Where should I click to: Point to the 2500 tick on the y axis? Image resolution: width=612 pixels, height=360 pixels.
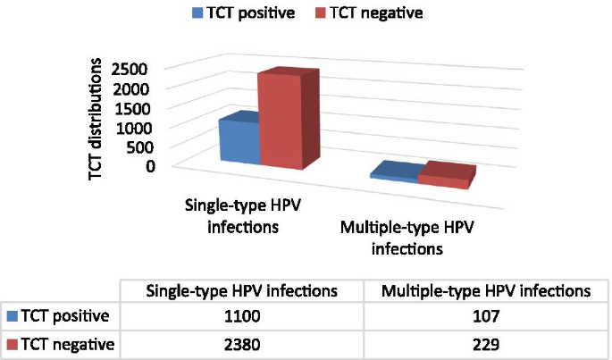pos(138,70)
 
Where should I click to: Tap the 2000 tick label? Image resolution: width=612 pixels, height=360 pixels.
pos(138,89)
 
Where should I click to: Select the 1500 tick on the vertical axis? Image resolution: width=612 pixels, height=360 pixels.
pos(138,109)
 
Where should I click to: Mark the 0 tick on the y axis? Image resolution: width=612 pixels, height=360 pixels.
pos(152,165)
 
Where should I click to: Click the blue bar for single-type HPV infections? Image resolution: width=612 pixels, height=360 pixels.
pos(239,141)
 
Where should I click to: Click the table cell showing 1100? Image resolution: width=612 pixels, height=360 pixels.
pos(241,315)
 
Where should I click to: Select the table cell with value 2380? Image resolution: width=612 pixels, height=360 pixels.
pos(241,343)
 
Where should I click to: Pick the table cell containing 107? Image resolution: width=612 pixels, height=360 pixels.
pos(486,315)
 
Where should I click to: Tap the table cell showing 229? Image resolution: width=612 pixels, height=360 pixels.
pos(486,343)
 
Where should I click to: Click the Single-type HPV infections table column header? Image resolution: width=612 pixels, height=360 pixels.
pos(241,290)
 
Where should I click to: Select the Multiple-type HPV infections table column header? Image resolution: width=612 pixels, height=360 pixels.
pos(486,290)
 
